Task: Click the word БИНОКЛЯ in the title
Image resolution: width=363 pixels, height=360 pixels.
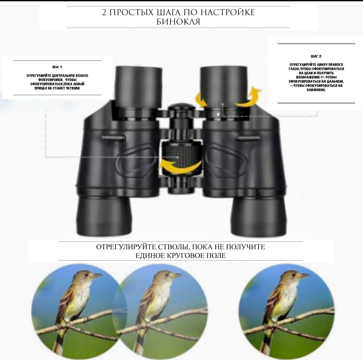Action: click(x=178, y=22)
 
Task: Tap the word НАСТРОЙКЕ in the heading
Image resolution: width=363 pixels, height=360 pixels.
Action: click(x=227, y=12)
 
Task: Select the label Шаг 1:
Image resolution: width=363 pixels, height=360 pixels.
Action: click(x=57, y=67)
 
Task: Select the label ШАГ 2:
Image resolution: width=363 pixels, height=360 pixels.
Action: click(x=316, y=56)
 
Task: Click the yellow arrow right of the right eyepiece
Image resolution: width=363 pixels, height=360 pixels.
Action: click(x=249, y=97)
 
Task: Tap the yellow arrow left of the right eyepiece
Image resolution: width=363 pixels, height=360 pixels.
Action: click(x=200, y=100)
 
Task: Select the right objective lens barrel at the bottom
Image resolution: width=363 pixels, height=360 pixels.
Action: click(x=259, y=214)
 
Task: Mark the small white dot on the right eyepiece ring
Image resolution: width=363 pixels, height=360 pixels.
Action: click(x=218, y=114)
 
